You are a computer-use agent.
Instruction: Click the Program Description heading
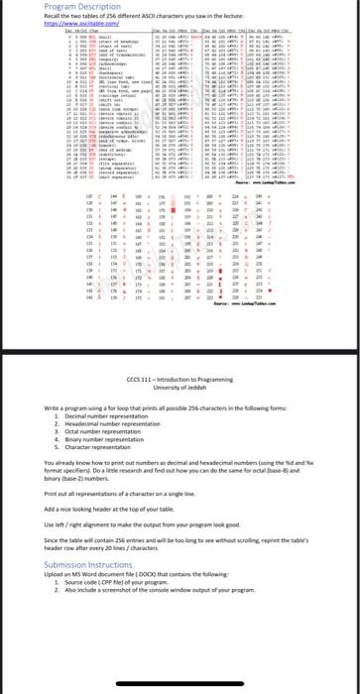pos(50,6)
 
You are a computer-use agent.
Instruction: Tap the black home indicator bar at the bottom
pos(180,690)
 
